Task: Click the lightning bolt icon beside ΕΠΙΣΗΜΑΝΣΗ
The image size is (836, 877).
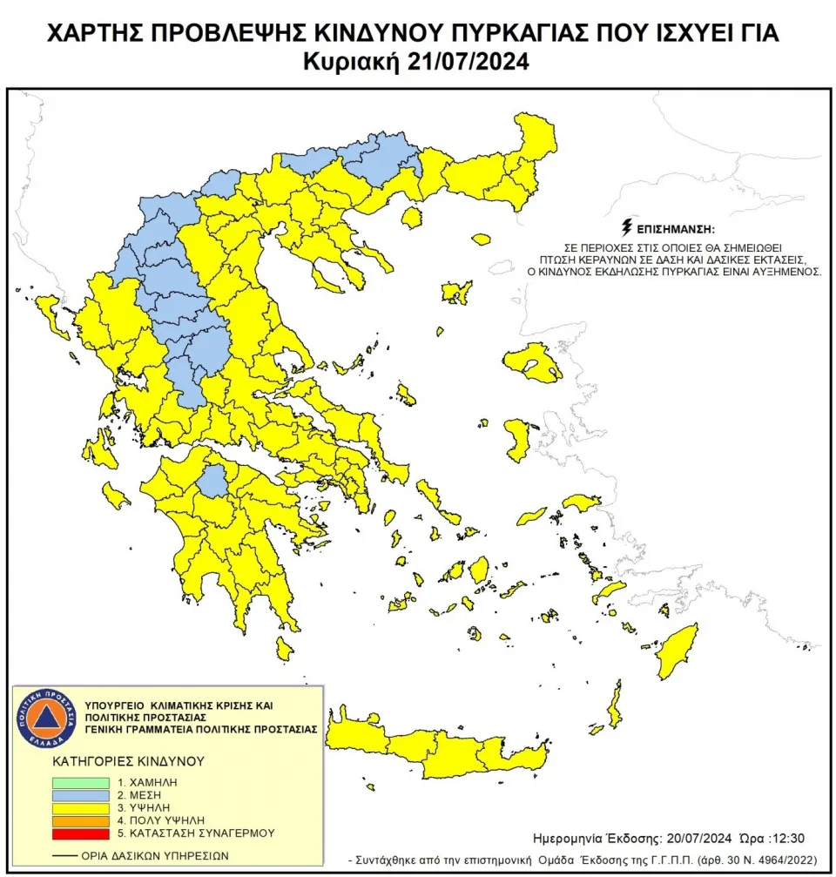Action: (x=627, y=228)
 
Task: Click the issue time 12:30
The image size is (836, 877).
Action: (x=789, y=838)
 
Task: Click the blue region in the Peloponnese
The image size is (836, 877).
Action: (x=212, y=481)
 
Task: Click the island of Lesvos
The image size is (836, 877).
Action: (x=530, y=362)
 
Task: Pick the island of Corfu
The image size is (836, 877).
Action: (x=48, y=307)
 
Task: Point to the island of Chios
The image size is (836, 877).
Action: (x=517, y=438)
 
